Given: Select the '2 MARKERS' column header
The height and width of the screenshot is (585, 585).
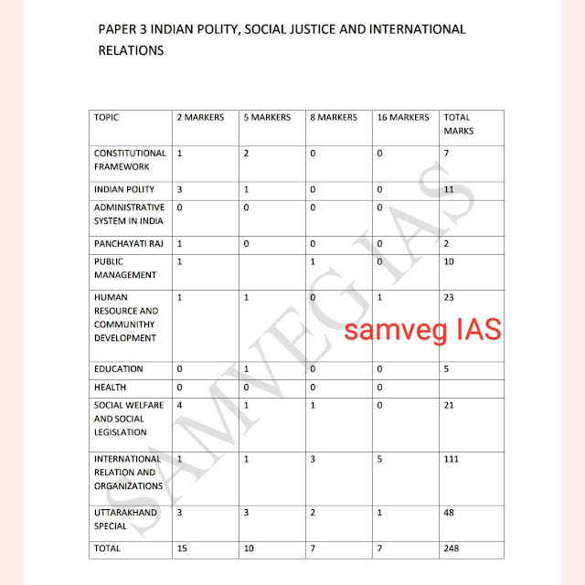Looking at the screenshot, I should click(200, 118).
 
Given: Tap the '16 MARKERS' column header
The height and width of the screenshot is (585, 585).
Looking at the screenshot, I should click(402, 118).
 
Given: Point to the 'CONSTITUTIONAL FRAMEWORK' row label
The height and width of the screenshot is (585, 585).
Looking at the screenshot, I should click(130, 160).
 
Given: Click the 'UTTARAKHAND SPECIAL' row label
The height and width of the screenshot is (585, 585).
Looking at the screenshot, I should click(126, 519).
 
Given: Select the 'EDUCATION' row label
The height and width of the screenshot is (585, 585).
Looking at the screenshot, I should click(119, 369).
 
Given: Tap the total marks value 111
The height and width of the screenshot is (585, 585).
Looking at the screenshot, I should click(452, 459).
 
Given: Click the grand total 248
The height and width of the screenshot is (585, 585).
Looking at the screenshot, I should click(452, 548).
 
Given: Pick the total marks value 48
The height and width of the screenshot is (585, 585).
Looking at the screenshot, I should click(449, 513).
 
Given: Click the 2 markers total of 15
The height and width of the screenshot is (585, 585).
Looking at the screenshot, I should click(182, 548).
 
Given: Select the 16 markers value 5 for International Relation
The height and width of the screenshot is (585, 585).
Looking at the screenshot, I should click(379, 459).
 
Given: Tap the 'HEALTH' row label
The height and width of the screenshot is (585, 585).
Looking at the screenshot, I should click(110, 388).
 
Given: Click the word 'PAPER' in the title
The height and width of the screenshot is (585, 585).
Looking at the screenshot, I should click(115, 29).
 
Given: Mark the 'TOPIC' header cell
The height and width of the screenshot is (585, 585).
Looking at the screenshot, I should click(106, 118).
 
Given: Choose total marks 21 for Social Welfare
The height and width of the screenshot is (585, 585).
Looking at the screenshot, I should click(449, 405).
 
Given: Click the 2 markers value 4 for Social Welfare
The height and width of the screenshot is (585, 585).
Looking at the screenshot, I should click(179, 405).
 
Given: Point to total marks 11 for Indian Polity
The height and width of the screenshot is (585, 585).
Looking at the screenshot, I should click(449, 189).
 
